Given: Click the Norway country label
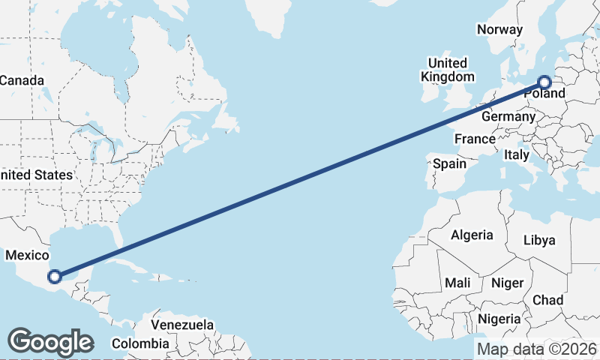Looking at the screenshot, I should (x=499, y=30).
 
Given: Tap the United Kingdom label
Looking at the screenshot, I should (x=447, y=70).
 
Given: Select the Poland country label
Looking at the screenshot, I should (x=545, y=94).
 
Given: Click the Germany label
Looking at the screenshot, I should (x=508, y=117).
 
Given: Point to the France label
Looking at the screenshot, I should (x=475, y=139).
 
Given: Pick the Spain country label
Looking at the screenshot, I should (x=449, y=163).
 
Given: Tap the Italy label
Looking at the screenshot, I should (x=516, y=154).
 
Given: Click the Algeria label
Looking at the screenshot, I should (x=472, y=235).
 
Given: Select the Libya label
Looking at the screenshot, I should (x=539, y=241).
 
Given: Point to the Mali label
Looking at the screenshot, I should (x=457, y=283).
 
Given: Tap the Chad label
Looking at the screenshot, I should (x=547, y=300).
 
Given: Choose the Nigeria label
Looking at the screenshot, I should (x=499, y=319).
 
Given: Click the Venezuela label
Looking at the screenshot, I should (x=182, y=325).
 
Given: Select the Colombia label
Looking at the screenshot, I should (x=140, y=343).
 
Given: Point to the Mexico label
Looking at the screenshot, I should (x=27, y=256).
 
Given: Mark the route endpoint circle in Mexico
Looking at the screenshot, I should (x=54, y=276).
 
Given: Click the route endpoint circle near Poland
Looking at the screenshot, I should (x=544, y=82).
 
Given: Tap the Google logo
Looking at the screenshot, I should (x=50, y=341).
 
